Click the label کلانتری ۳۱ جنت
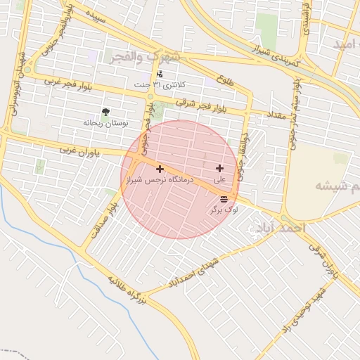161,84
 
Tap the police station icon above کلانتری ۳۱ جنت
160,74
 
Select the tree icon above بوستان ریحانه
105,112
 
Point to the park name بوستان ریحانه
106,123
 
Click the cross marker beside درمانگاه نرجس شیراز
160,169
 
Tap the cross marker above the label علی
220,168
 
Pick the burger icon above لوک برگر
224,200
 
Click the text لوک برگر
224,210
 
